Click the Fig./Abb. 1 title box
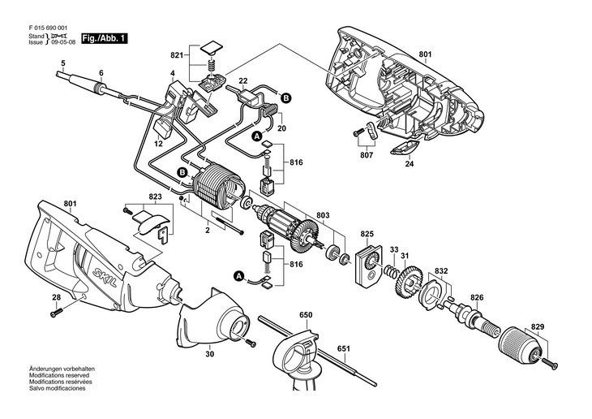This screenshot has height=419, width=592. [x=104, y=39]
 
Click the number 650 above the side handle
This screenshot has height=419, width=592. [x=306, y=315]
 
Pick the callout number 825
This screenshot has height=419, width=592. [x=367, y=234]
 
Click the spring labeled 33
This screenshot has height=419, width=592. [x=389, y=270]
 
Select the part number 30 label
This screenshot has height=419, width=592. [x=210, y=354]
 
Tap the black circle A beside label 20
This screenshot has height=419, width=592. [x=257, y=136]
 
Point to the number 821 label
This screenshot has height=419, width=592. [x=176, y=55]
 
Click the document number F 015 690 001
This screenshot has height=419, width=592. [x=49, y=28]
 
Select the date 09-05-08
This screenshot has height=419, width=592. [x=63, y=42]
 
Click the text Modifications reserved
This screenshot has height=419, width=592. [x=59, y=375]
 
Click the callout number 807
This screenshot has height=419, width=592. [x=367, y=154]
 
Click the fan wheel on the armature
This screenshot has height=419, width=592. [x=304, y=237]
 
